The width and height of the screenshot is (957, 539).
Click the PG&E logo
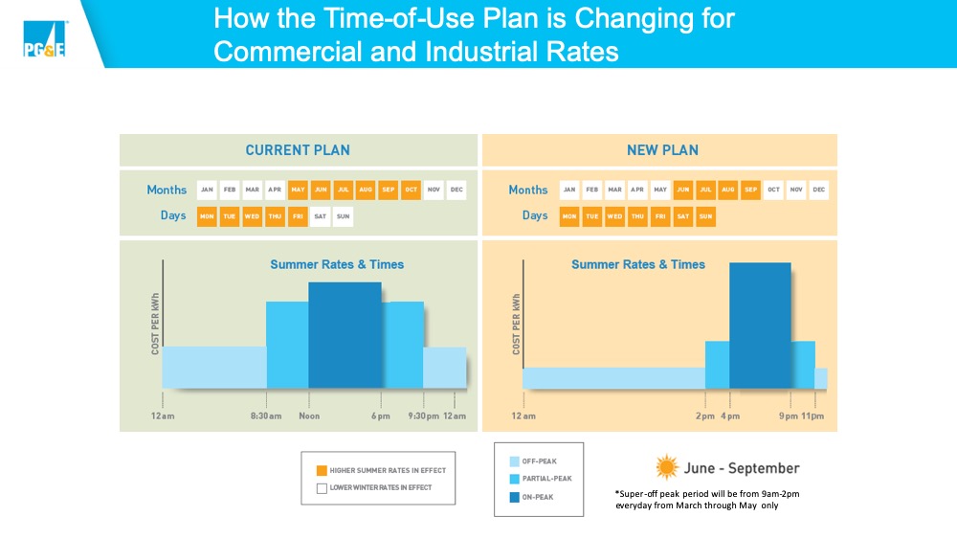coord(44,39)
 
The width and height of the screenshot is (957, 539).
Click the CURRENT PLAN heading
coord(298,150)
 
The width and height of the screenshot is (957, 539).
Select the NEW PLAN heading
coord(662,150)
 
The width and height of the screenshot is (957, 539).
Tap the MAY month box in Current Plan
coord(298,190)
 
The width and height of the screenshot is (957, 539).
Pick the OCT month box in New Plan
coord(773,190)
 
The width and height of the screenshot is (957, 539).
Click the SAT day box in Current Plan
coord(321,216)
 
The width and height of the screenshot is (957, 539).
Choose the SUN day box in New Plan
coord(704,216)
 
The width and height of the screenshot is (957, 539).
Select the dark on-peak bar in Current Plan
coord(345,335)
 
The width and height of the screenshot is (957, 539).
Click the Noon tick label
coord(309,415)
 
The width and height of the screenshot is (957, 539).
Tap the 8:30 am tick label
coord(265,415)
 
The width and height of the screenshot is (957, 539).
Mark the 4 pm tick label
coord(729,415)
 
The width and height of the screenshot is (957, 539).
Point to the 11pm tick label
coord(813,415)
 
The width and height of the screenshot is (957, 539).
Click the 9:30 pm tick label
coord(423,415)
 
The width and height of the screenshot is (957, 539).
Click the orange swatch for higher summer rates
coord(323,470)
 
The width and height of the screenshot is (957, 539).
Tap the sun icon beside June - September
coord(666,467)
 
